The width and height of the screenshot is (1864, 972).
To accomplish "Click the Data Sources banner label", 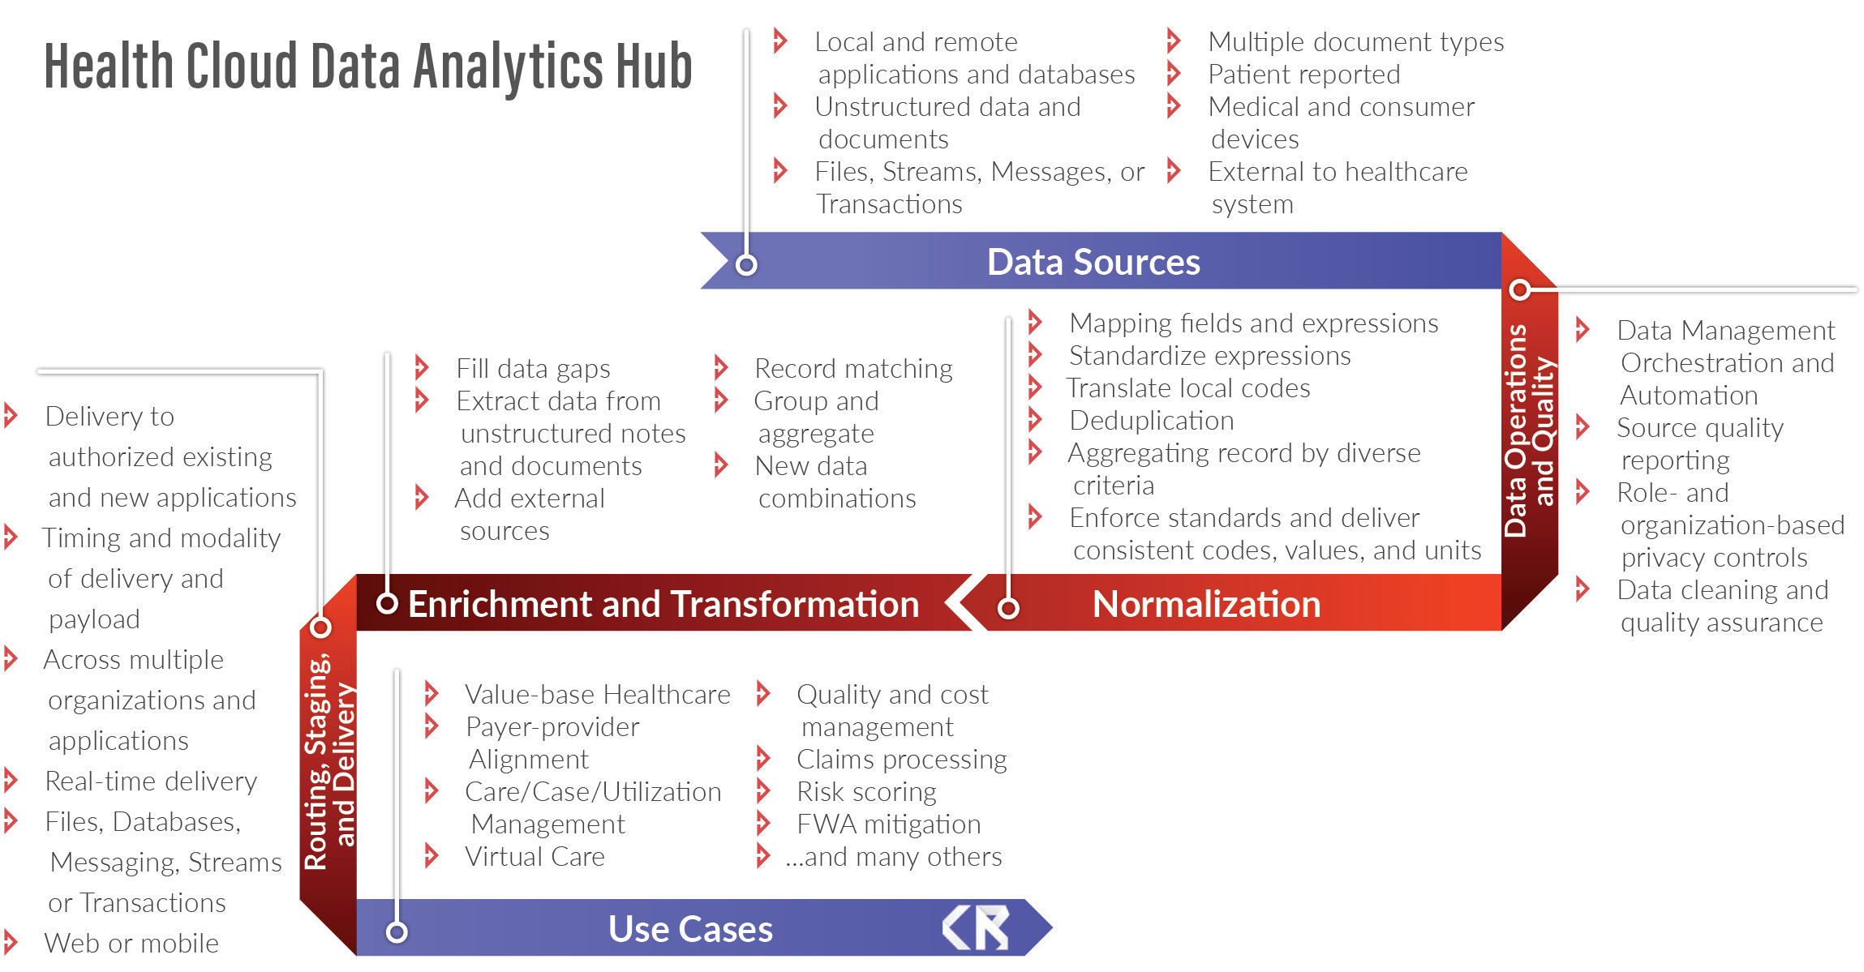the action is [1093, 262].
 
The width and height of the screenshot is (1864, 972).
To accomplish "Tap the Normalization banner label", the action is [1206, 604].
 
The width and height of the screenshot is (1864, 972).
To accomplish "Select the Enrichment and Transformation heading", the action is [664, 604].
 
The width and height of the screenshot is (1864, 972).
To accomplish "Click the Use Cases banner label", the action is [690, 929].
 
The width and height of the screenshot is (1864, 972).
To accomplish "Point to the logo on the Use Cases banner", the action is [976, 927].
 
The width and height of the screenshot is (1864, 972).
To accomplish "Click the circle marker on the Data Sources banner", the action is [746, 264].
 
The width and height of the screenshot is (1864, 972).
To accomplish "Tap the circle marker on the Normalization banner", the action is [1008, 608].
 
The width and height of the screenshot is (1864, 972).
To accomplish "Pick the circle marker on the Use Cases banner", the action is [397, 932].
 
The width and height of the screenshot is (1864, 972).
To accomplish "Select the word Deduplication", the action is [1152, 421].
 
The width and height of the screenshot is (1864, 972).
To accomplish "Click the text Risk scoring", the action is [866, 792].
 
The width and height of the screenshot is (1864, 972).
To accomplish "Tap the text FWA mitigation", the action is [889, 824].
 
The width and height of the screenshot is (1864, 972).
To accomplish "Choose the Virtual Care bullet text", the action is [535, 857].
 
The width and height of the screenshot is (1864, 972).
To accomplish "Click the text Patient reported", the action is [1304, 75].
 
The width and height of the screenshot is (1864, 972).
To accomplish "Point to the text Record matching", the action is [853, 369].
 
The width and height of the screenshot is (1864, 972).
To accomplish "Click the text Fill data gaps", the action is [533, 369].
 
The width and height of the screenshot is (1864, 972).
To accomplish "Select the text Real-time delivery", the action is [151, 781].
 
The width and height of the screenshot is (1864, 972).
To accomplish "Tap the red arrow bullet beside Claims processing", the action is [763, 758].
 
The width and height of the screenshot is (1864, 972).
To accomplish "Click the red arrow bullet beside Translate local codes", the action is [1035, 387].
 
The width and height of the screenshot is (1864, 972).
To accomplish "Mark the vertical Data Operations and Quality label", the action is [1530, 430].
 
